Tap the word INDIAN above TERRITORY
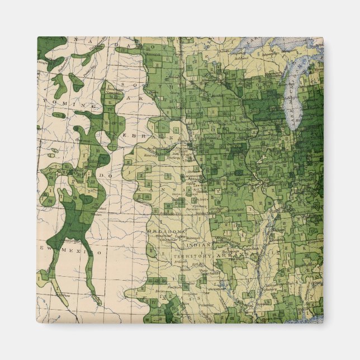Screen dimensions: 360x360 click(x=198, y=244)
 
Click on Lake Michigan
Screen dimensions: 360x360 click(x=291, y=101)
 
